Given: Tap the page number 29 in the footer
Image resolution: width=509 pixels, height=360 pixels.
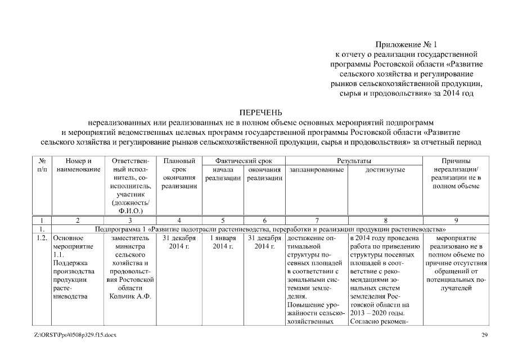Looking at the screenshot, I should point(484,335).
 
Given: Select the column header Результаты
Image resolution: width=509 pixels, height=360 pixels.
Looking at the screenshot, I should point(353,161).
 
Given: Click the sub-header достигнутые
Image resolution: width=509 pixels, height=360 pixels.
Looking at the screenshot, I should point(385,170).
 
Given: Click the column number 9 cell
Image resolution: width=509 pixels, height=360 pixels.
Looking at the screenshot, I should point(456,220).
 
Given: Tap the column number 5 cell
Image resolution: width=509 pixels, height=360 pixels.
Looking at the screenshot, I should point(223,220).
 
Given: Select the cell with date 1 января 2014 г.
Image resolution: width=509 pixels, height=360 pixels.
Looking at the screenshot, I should point(223,242).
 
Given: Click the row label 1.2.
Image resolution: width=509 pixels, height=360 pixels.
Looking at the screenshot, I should point(42,238).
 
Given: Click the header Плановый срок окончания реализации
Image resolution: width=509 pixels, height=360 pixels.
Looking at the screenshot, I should point(178,173).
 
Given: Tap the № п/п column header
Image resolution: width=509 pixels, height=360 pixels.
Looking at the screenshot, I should point(42,165).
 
